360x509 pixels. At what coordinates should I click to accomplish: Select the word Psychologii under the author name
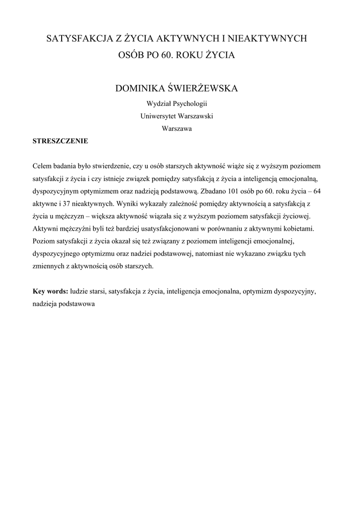pos(189,104)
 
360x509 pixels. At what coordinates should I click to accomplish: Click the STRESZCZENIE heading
pos(60,141)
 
